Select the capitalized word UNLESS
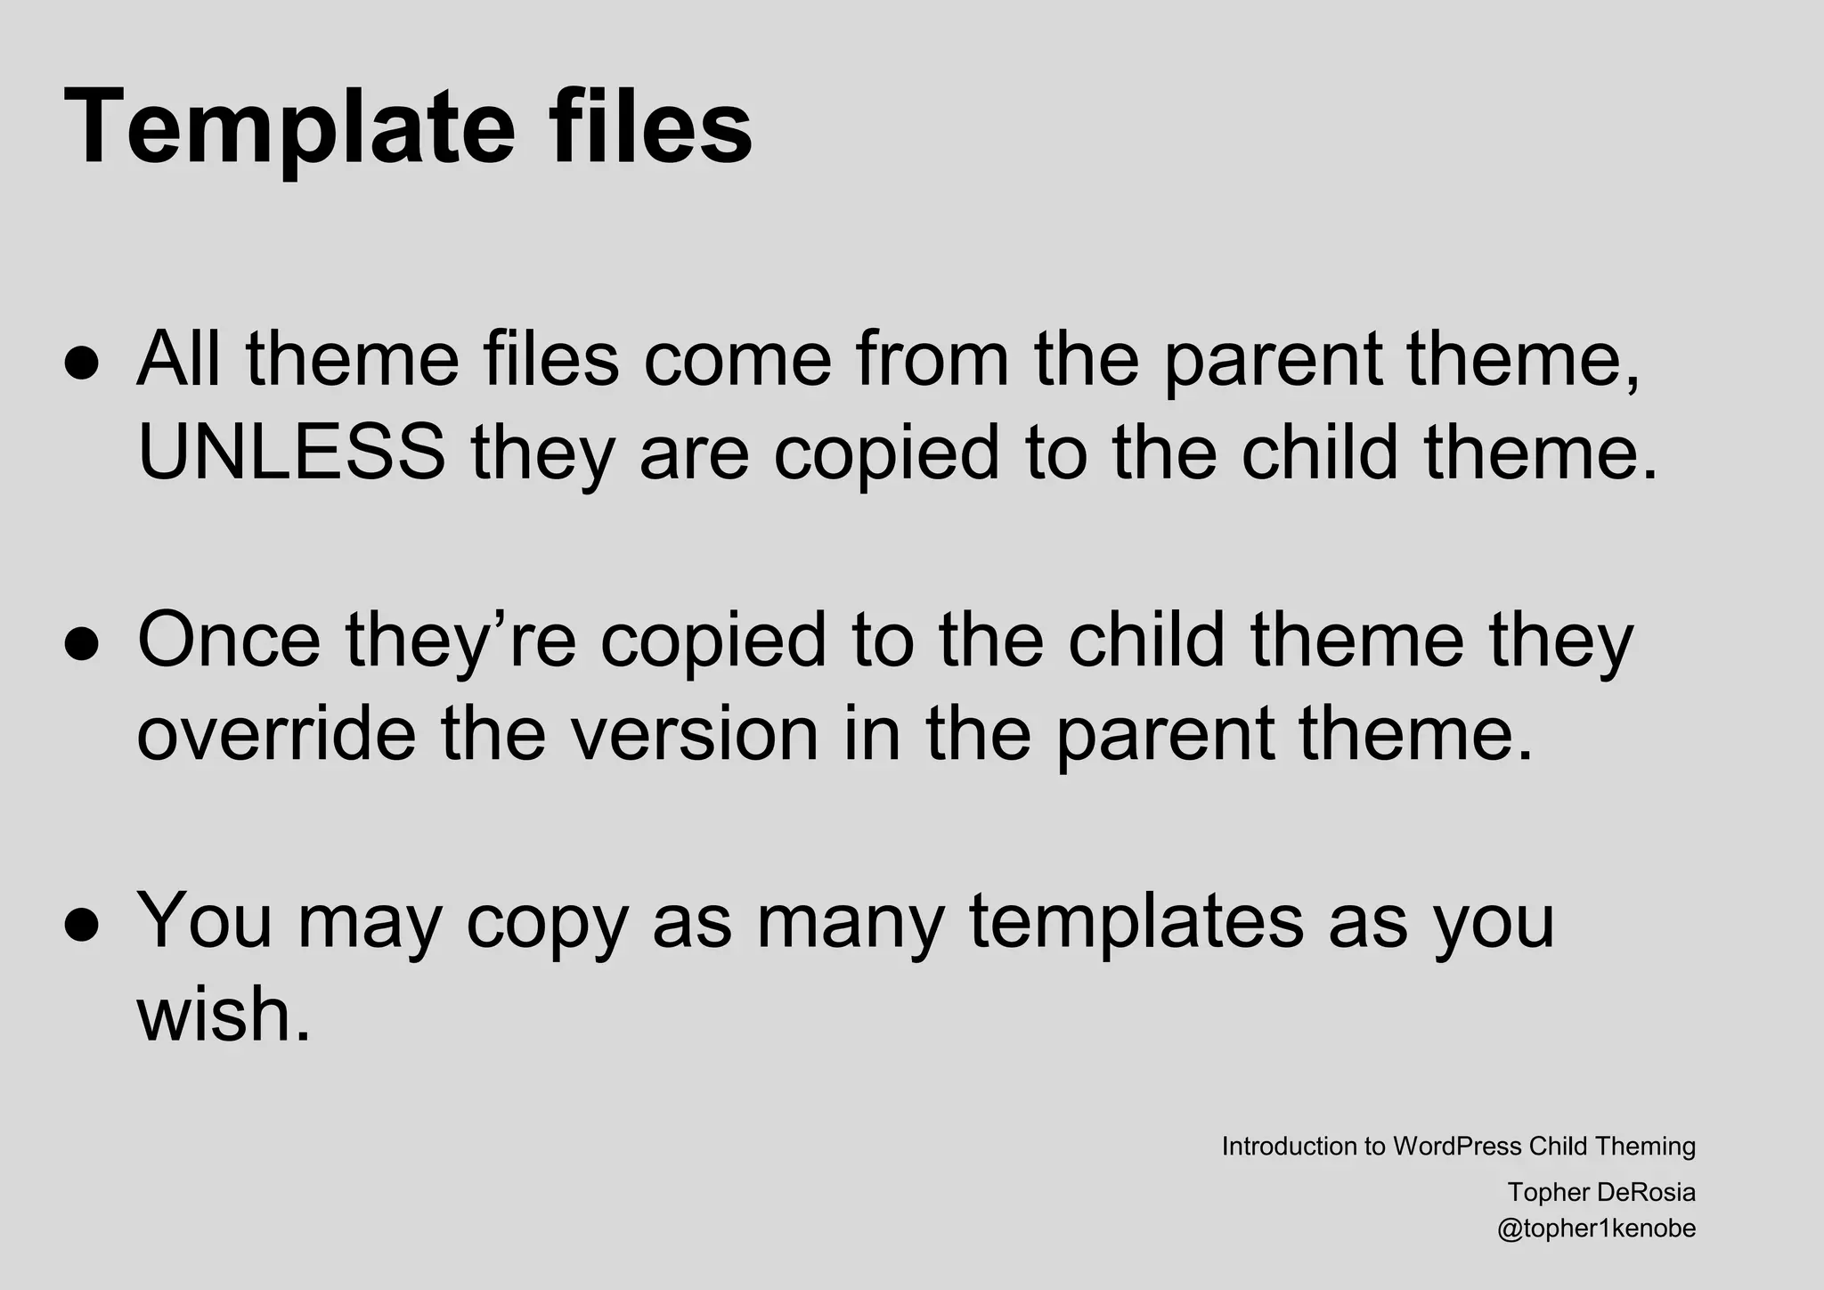[291, 453]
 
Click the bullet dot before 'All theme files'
[81, 366]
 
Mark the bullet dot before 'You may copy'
[81, 927]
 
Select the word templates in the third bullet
[1136, 921]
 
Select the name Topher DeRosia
[1601, 1192]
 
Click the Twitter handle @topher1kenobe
[1596, 1229]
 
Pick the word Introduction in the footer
[1289, 1147]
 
